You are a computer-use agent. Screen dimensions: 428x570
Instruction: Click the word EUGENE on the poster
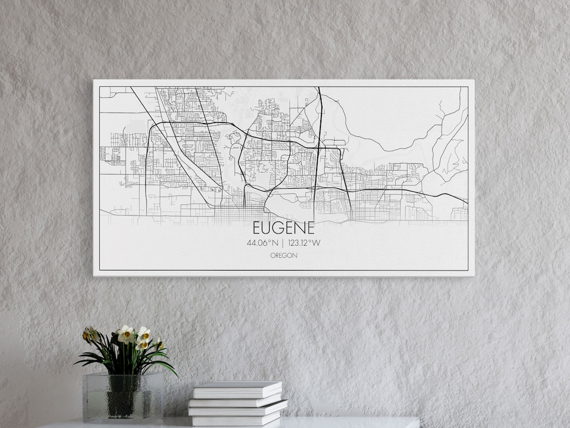coord(283,228)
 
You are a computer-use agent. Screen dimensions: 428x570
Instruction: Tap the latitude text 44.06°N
coord(262,244)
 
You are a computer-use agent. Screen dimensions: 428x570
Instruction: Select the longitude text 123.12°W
coord(304,244)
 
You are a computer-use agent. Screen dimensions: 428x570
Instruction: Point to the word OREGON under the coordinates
coord(283,255)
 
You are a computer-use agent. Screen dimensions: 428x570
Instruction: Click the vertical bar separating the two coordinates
coord(283,244)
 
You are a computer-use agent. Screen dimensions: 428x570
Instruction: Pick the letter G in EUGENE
coord(279,228)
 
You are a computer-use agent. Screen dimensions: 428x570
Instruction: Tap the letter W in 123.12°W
coord(317,244)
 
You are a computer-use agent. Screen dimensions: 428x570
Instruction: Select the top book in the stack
coord(237,389)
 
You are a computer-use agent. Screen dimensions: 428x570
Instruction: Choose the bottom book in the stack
coord(236,420)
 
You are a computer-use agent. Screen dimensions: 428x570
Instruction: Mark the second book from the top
coord(237,400)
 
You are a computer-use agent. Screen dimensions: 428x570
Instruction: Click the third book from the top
coord(237,409)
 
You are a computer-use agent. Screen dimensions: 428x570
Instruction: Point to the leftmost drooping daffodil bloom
coord(90,334)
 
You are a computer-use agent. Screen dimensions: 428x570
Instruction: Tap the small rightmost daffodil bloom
coord(158,343)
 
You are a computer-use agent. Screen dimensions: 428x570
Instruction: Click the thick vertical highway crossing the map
coord(318,153)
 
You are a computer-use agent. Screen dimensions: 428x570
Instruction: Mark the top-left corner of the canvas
coord(94,80)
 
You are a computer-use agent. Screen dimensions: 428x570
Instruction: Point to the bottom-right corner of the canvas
coord(473,275)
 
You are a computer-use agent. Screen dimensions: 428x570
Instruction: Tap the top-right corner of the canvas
coord(473,80)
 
